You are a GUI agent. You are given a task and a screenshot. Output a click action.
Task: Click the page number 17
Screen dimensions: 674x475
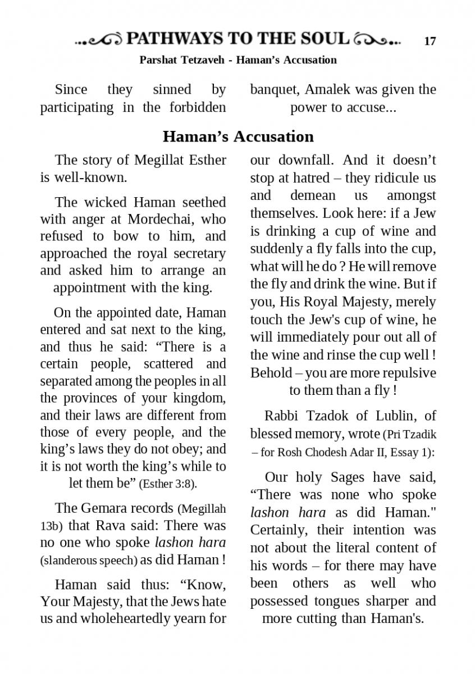(x=430, y=41)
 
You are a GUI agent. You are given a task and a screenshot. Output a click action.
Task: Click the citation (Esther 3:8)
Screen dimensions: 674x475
(x=167, y=484)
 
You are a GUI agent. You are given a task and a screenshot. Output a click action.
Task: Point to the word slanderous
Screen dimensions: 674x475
(x=68, y=561)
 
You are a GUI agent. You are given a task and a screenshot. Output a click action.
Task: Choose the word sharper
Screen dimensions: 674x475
(x=386, y=601)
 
